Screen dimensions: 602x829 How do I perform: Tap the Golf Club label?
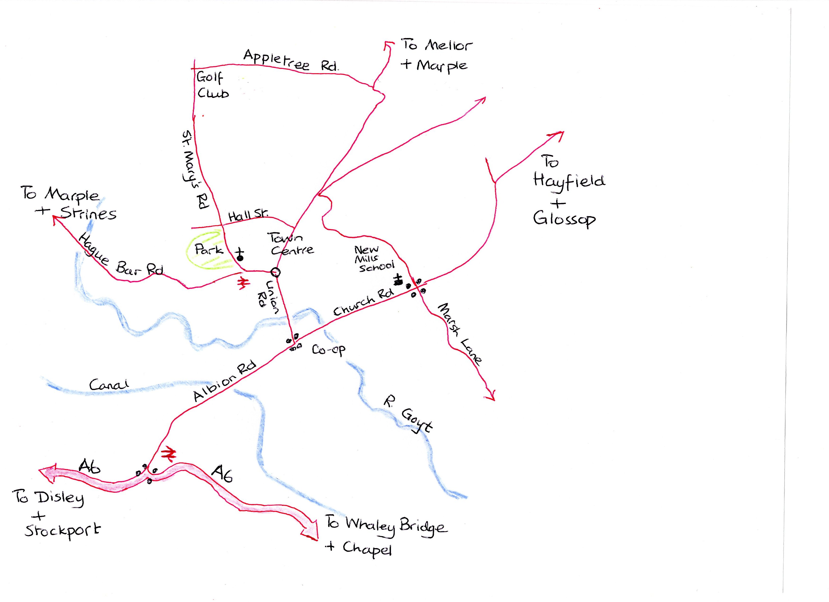point(212,85)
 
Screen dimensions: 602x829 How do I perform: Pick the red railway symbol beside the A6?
point(169,454)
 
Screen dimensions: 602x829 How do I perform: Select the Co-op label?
point(328,350)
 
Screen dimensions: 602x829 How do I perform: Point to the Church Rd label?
point(363,302)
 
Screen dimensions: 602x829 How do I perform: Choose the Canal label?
point(109,385)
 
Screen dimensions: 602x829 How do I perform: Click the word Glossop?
point(564,219)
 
